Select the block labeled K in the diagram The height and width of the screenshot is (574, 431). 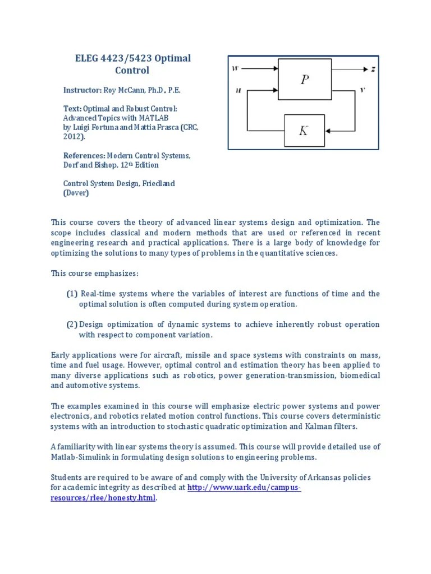click(303, 131)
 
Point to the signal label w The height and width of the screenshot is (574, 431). click(235, 69)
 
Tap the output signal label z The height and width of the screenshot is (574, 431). click(373, 69)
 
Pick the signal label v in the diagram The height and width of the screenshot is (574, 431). click(363, 90)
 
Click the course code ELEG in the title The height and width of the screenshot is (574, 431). click(88, 58)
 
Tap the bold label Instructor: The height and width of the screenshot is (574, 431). click(82, 90)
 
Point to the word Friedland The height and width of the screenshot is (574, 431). click(161, 183)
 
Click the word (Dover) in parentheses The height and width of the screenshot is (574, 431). click(76, 193)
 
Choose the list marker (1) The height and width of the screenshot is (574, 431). click(72, 294)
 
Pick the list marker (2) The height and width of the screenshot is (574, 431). click(72, 325)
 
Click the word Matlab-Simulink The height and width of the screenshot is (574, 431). click(79, 457)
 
